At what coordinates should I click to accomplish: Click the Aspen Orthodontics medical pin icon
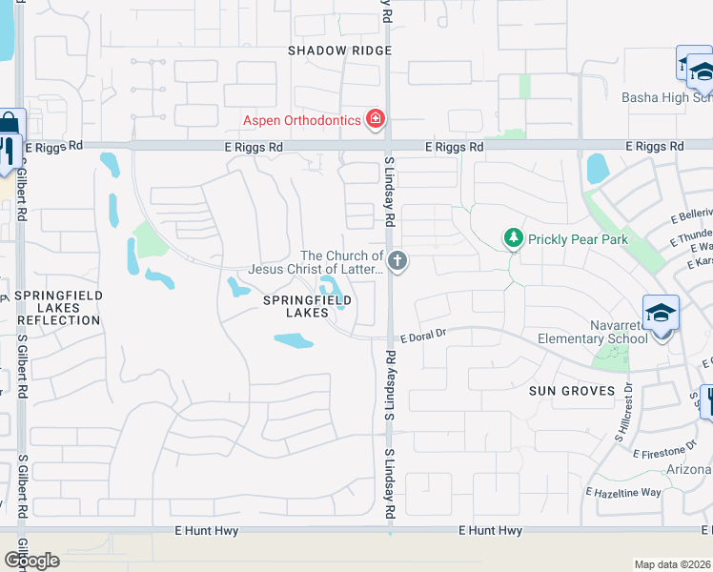pos(377,120)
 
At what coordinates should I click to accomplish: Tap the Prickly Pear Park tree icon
pos(514,237)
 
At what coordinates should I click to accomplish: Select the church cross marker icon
pos(397,259)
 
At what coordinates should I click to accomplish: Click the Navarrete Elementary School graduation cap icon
pos(660,312)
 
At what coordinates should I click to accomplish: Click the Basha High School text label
pos(666,97)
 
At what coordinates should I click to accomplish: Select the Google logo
pos(31,561)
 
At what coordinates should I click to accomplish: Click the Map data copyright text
pos(672,563)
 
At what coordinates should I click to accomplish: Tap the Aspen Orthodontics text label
pos(302,120)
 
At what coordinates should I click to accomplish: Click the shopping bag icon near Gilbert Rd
pos(10,124)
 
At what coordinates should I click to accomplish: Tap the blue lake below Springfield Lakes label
pos(294,340)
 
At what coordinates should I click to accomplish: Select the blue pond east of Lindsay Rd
pos(598,170)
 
